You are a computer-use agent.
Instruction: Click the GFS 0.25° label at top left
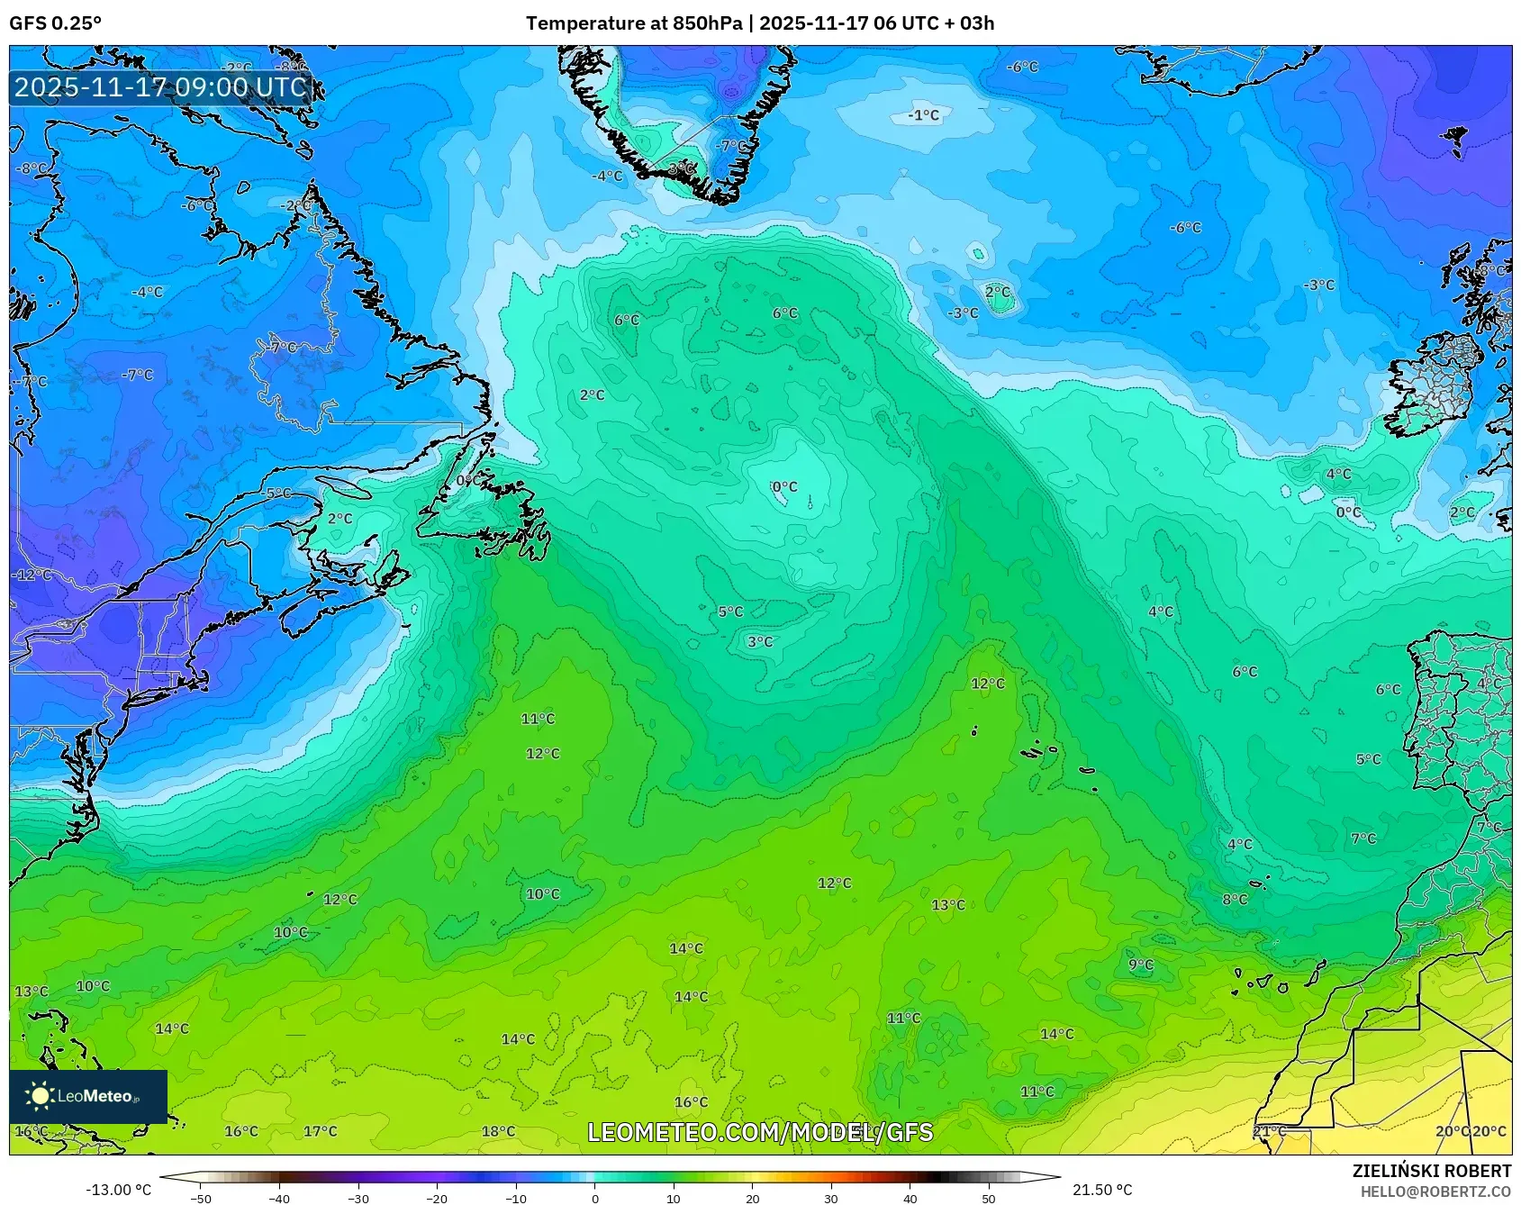tap(55, 23)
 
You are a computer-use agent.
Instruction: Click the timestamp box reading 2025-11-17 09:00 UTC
tap(160, 87)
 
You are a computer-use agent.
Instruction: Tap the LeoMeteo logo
tap(87, 1096)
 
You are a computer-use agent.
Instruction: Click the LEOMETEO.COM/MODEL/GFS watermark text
tap(760, 1132)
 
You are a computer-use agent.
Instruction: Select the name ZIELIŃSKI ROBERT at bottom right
tap(1431, 1171)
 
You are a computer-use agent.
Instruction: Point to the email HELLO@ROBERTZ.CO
tap(1435, 1191)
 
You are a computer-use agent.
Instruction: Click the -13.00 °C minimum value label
tap(118, 1190)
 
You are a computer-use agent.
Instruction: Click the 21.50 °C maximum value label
tap(1100, 1190)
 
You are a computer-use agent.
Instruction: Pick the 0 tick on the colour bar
tap(594, 1198)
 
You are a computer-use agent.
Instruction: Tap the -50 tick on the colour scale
tap(202, 1198)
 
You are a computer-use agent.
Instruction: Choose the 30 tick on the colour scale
tap(830, 1198)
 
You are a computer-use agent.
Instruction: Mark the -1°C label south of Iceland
tap(923, 115)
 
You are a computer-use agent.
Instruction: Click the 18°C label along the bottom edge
tap(498, 1131)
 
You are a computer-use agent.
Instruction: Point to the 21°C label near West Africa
tap(1269, 1131)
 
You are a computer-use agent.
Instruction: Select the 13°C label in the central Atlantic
tap(948, 904)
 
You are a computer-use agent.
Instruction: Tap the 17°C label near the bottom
tap(320, 1131)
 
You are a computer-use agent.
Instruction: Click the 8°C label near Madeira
tap(1235, 899)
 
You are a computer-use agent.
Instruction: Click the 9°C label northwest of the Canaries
tap(1140, 965)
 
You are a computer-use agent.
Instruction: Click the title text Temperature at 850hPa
tap(634, 23)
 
